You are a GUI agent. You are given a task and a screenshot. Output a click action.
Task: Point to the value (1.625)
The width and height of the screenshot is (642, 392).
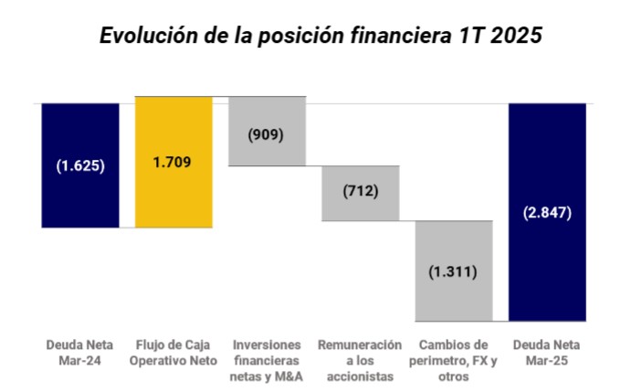coord(80,166)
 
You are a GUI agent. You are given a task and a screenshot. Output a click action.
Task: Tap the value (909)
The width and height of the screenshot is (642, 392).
coord(266,133)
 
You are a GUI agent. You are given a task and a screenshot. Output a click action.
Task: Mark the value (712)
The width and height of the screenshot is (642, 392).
coord(360,192)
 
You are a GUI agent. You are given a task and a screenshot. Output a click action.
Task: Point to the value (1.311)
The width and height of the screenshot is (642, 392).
coord(453,271)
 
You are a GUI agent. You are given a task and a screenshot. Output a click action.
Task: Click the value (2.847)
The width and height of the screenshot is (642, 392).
coord(547,213)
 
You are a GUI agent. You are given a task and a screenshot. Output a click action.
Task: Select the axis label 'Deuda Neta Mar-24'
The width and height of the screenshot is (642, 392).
coord(80,353)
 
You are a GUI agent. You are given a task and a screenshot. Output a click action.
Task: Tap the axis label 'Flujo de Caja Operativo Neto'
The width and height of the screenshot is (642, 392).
coord(174,353)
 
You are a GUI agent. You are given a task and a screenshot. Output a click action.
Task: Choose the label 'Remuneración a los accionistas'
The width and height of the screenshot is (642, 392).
coord(360,360)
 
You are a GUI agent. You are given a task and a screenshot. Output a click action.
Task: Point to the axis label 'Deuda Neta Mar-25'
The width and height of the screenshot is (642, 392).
coord(547,353)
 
